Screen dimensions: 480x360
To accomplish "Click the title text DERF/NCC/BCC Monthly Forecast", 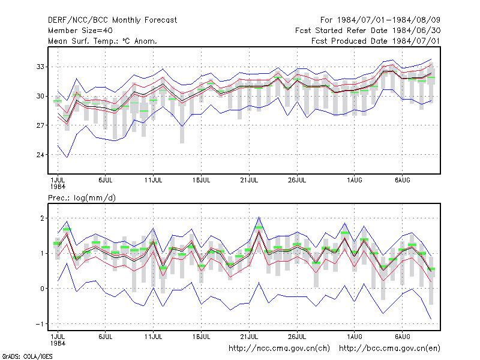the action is click(112, 20).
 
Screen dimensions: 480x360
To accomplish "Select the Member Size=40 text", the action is click(80, 31).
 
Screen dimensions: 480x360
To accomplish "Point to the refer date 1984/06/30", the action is click(416, 31).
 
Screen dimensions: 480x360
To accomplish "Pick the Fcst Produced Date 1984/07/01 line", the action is click(376, 41).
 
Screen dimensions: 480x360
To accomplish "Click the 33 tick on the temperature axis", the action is click(40, 67).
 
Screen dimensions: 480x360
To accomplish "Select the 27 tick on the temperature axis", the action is click(40, 125).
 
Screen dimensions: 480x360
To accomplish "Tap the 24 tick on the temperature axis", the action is click(40, 155).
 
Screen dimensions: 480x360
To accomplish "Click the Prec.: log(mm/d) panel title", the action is click(82, 198).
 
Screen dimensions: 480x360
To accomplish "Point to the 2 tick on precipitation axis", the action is click(42, 218).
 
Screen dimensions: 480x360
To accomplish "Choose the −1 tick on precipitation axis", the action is click(40, 324).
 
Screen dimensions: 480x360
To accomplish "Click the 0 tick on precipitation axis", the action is click(42, 289).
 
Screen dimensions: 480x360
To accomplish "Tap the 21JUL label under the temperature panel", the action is click(249, 181).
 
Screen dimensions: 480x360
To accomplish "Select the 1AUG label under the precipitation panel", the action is click(355, 337).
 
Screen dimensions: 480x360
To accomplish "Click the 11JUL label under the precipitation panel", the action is click(154, 337).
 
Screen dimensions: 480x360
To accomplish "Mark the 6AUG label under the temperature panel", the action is click(402, 181).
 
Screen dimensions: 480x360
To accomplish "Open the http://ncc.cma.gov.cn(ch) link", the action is click(279, 349).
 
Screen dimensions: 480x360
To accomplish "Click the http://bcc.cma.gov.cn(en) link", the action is click(389, 349).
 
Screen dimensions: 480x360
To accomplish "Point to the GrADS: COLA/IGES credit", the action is click(27, 356).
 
